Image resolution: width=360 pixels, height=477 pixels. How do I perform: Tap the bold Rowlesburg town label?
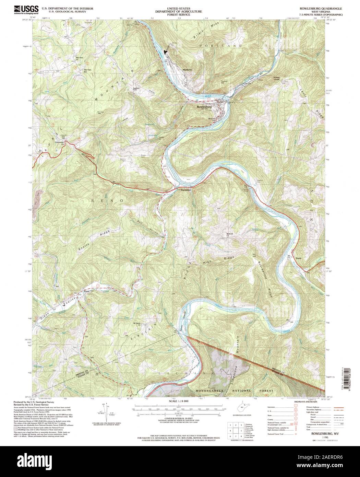pos(205,107)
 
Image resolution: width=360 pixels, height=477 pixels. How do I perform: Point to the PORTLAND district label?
pos(222,45)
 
